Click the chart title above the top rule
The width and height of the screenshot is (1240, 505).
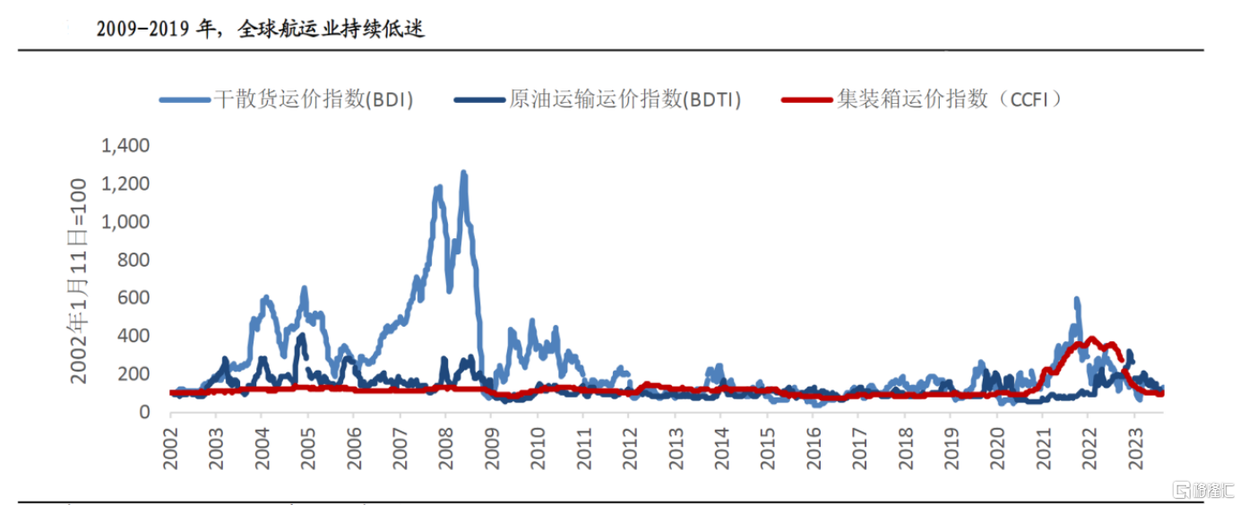[x=260, y=29]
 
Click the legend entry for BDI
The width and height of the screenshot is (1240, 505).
[x=287, y=99]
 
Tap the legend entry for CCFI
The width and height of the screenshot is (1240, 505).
[x=924, y=99]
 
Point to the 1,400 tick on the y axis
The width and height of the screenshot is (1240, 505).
[x=125, y=146]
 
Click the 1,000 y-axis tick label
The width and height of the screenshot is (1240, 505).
[x=125, y=222]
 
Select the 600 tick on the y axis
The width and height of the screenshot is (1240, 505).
[x=135, y=298]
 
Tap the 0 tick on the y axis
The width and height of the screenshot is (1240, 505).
[x=144, y=412]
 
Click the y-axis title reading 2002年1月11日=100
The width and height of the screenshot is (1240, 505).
[x=80, y=280]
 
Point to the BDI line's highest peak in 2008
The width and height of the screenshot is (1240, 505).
[x=464, y=173]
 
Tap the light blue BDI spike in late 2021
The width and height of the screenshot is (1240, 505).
[x=1076, y=300]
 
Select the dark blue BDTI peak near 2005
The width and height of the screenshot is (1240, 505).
[x=301, y=337]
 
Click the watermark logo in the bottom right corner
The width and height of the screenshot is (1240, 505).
[x=1203, y=490]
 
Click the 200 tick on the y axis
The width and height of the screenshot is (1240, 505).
[x=135, y=374]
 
